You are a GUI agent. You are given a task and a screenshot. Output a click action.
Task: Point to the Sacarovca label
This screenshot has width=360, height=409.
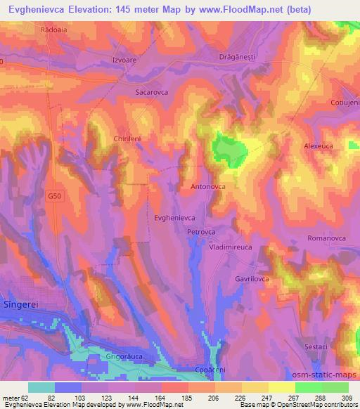tap(152, 91)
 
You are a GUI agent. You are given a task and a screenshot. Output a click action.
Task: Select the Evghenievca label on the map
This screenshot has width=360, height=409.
tap(174, 219)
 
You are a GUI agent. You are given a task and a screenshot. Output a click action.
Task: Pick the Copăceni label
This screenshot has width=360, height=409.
tap(209, 369)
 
